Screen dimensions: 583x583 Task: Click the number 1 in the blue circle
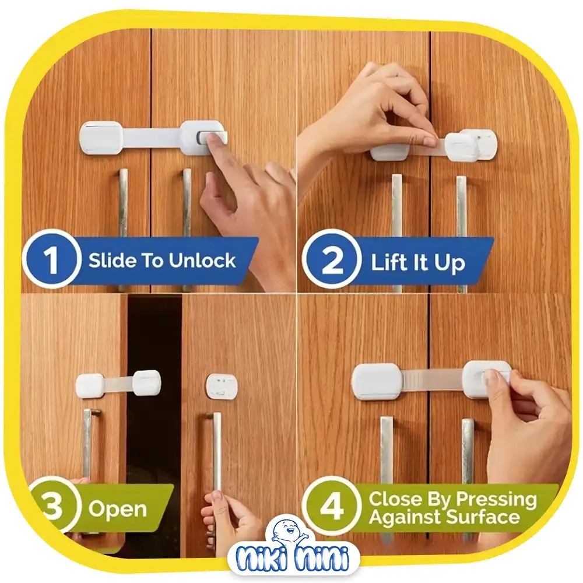point(52,259)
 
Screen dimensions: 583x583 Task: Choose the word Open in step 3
point(118,509)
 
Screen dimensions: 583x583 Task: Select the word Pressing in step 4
point(497,500)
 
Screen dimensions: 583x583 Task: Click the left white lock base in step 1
point(101,138)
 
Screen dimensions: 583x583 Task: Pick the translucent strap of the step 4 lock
point(433,382)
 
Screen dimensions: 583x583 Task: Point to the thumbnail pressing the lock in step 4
point(491,376)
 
